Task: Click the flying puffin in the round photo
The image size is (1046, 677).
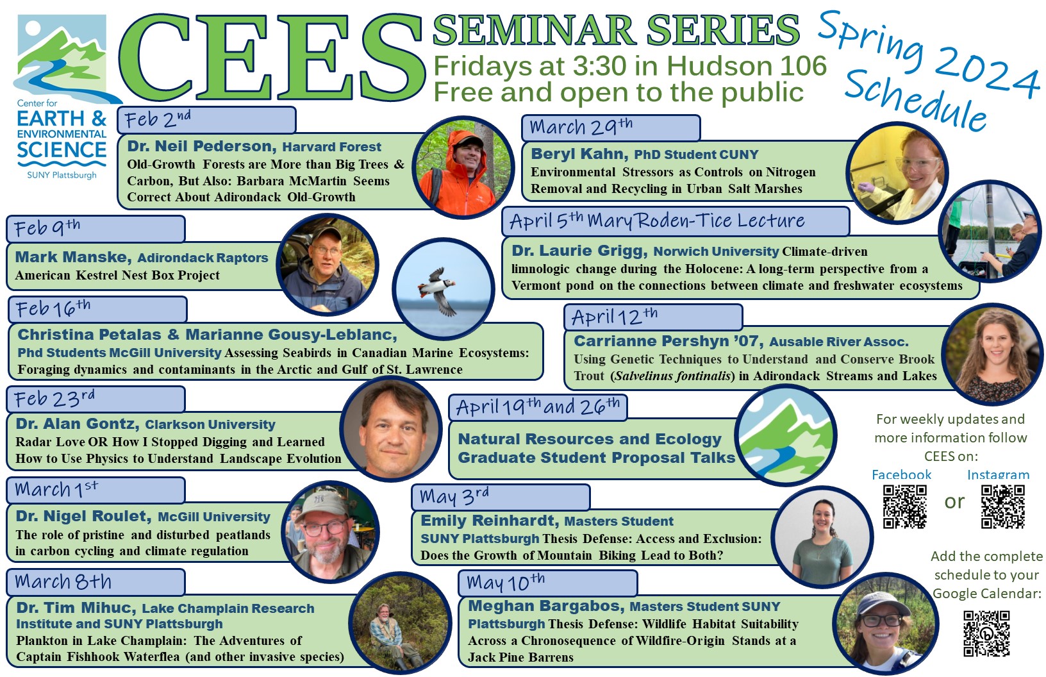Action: click(437, 290)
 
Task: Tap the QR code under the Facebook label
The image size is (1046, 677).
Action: click(904, 506)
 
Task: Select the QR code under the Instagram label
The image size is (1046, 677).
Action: click(1002, 506)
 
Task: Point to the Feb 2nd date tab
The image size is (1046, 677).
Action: click(206, 120)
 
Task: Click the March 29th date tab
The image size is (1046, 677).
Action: click(611, 128)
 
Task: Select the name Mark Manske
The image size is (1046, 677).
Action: click(73, 257)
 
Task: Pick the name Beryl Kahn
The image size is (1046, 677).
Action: click(579, 154)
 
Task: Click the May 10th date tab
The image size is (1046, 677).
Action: click(548, 583)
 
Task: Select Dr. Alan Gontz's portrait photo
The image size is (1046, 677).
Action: click(392, 428)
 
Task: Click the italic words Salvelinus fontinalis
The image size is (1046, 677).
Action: click(672, 376)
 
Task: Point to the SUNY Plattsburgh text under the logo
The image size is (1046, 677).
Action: click(62, 175)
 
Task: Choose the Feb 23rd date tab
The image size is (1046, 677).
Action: click(95, 399)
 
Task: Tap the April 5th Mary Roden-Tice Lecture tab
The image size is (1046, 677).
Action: click(676, 221)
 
